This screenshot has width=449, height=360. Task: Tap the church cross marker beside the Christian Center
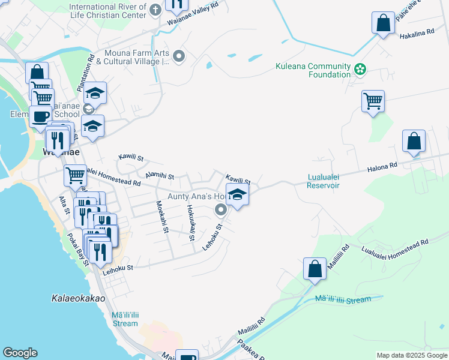pyautogui.click(x=155, y=10)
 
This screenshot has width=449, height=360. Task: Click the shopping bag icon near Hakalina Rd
pyautogui.click(x=382, y=24)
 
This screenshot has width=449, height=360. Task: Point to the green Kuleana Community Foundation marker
pyautogui.click(x=360, y=70)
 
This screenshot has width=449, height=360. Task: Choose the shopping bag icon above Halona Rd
pyautogui.click(x=414, y=142)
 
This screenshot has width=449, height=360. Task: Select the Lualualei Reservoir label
pyautogui.click(x=315, y=181)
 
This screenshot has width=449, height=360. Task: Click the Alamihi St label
pyautogui.click(x=160, y=176)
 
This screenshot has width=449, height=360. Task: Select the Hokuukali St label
pyautogui.click(x=191, y=223)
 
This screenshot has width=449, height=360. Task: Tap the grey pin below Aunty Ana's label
pyautogui.click(x=220, y=209)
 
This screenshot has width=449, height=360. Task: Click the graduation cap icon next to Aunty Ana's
pyautogui.click(x=238, y=195)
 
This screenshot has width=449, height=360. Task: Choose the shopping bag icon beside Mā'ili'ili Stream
pyautogui.click(x=315, y=269)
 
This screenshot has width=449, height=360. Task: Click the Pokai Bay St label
pyautogui.click(x=77, y=249)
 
